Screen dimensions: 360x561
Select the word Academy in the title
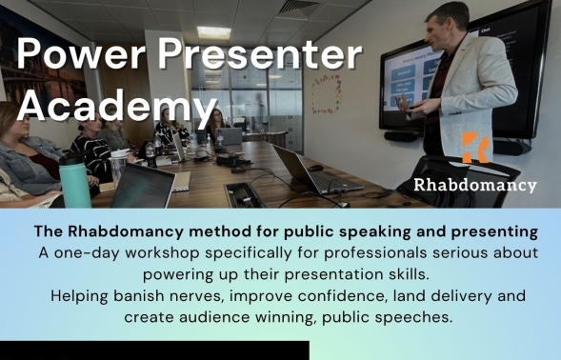click(x=111, y=104)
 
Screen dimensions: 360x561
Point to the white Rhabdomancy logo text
click(x=475, y=184)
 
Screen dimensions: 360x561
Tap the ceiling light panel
click(x=213, y=33)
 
